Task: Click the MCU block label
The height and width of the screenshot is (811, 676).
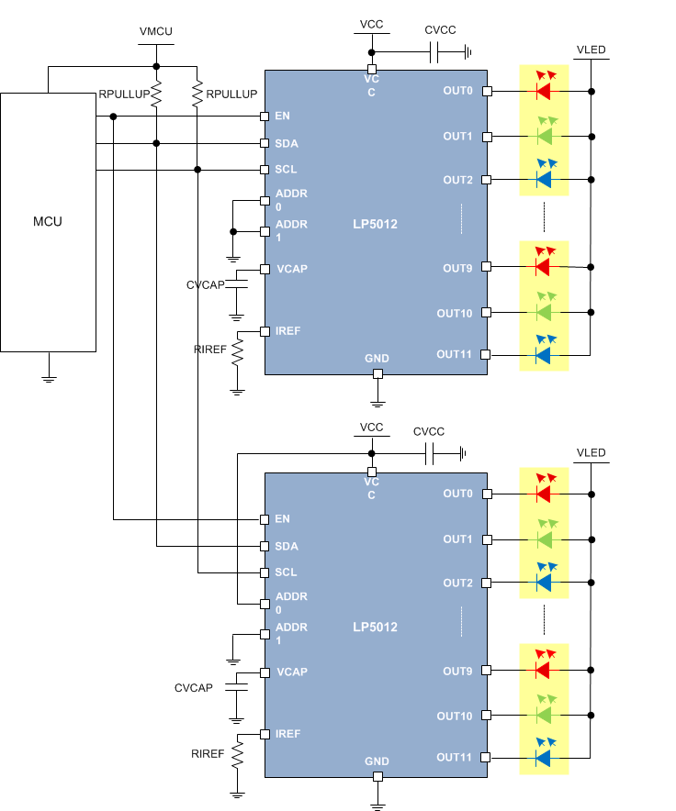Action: pos(48,221)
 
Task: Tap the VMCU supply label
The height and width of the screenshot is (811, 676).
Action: pos(156,31)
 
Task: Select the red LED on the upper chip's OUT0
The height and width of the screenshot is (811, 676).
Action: pos(543,91)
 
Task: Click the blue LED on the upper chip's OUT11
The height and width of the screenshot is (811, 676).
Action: pos(543,355)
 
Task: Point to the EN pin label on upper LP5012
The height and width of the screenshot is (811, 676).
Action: pos(283,117)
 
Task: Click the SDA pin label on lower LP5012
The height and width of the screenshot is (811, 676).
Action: pos(287,546)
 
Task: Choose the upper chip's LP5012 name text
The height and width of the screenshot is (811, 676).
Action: pos(375,224)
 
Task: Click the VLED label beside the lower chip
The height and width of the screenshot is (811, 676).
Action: pos(591,453)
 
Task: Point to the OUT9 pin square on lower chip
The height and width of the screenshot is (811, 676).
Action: pos(487,671)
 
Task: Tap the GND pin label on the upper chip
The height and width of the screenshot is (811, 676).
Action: pos(377,358)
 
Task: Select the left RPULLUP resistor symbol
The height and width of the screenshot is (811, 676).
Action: pos(157,94)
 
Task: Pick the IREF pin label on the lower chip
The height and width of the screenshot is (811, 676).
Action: pos(287,734)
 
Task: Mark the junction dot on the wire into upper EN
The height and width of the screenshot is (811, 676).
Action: pos(113,117)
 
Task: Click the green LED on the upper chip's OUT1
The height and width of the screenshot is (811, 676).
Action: pos(543,136)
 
